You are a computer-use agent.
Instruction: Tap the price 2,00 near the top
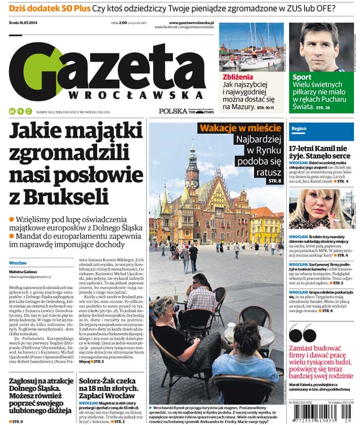(123, 23)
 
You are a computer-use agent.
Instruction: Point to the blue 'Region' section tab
(299, 128)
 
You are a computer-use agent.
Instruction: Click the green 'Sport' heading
(302, 78)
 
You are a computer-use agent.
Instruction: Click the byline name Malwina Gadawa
(22, 271)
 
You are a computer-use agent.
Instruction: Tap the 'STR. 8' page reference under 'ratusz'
(275, 181)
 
